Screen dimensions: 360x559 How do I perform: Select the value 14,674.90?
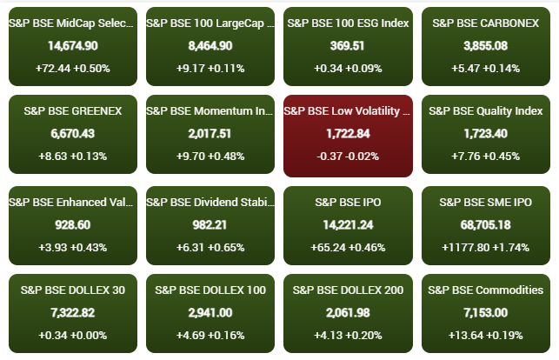(x=73, y=45)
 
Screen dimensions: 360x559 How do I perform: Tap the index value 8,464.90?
(x=211, y=45)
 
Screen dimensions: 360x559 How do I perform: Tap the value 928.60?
(x=73, y=223)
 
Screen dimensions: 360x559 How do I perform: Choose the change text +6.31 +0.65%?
(x=211, y=246)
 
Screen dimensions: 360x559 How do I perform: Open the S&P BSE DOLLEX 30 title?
(x=73, y=290)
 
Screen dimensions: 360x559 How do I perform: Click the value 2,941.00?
(x=211, y=312)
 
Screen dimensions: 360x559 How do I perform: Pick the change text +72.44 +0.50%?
(x=73, y=68)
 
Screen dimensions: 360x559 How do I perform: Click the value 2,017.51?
(x=211, y=133)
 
